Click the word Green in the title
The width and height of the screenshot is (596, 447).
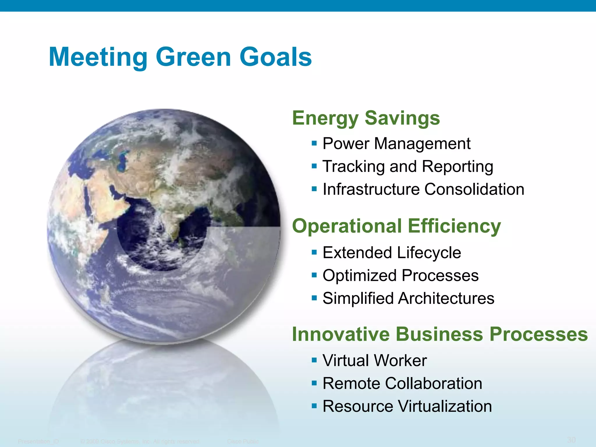pos(193,57)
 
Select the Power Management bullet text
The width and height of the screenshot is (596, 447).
pos(396,143)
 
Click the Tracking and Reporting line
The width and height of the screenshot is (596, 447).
pos(408,166)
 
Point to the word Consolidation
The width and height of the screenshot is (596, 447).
pos(474,189)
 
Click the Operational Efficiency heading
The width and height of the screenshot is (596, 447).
pos(396,226)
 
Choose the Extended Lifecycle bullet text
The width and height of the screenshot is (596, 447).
pos(392,252)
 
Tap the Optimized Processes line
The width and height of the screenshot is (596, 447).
pos(400,275)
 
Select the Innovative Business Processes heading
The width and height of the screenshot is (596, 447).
pos(440,334)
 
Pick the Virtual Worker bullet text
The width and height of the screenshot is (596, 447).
pos(375,360)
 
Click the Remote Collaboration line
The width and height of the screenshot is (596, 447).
pos(402,383)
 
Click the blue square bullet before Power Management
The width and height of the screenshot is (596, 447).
pos(314,143)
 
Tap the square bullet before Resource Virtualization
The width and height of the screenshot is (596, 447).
pos(314,406)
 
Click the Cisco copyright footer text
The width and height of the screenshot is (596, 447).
pos(140,441)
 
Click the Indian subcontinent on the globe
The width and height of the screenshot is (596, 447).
pos(172,215)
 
